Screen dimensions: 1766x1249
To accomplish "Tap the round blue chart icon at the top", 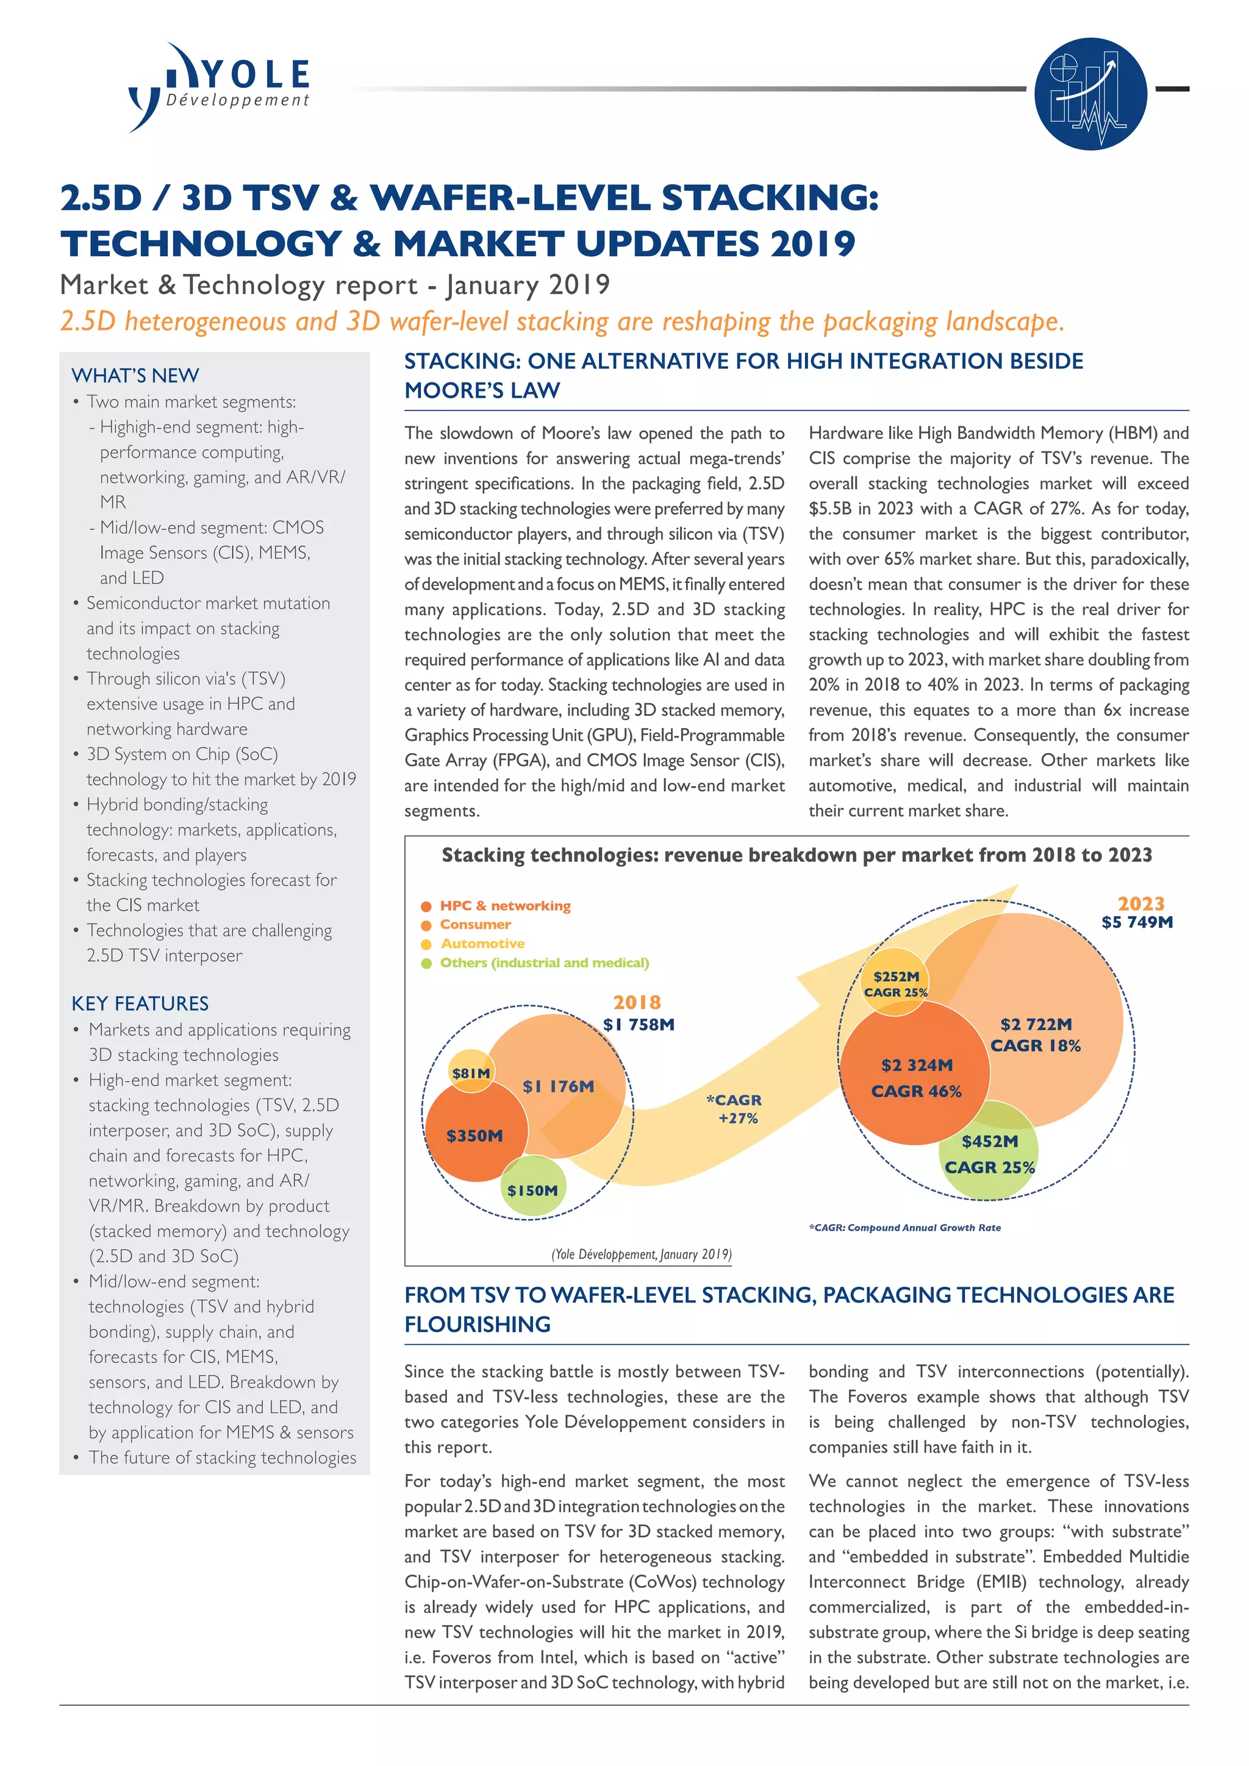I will pos(1090,93).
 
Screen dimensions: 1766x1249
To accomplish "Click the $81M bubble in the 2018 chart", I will pos(471,1072).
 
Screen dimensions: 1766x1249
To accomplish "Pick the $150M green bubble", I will pos(532,1190).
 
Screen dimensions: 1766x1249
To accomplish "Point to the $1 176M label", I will pos(559,1086).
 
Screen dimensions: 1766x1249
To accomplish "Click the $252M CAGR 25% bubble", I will pos(896,983).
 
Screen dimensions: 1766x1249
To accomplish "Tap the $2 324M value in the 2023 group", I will pos(917,1065).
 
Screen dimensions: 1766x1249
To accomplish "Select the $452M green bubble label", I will pos(990,1142).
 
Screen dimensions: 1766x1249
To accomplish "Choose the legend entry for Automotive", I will pos(482,943).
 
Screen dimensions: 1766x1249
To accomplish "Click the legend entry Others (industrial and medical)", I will pos(544,962).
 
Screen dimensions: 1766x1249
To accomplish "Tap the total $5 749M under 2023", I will pos(1137,921).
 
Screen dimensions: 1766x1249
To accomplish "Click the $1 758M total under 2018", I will pos(639,1024).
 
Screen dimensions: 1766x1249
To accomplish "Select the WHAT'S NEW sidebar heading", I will pos(135,376).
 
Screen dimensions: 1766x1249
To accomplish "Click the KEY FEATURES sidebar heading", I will pos(140,1003).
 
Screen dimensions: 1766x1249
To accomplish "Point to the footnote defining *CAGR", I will pos(904,1228).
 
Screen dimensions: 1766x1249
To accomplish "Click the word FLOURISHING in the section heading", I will pos(478,1324).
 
